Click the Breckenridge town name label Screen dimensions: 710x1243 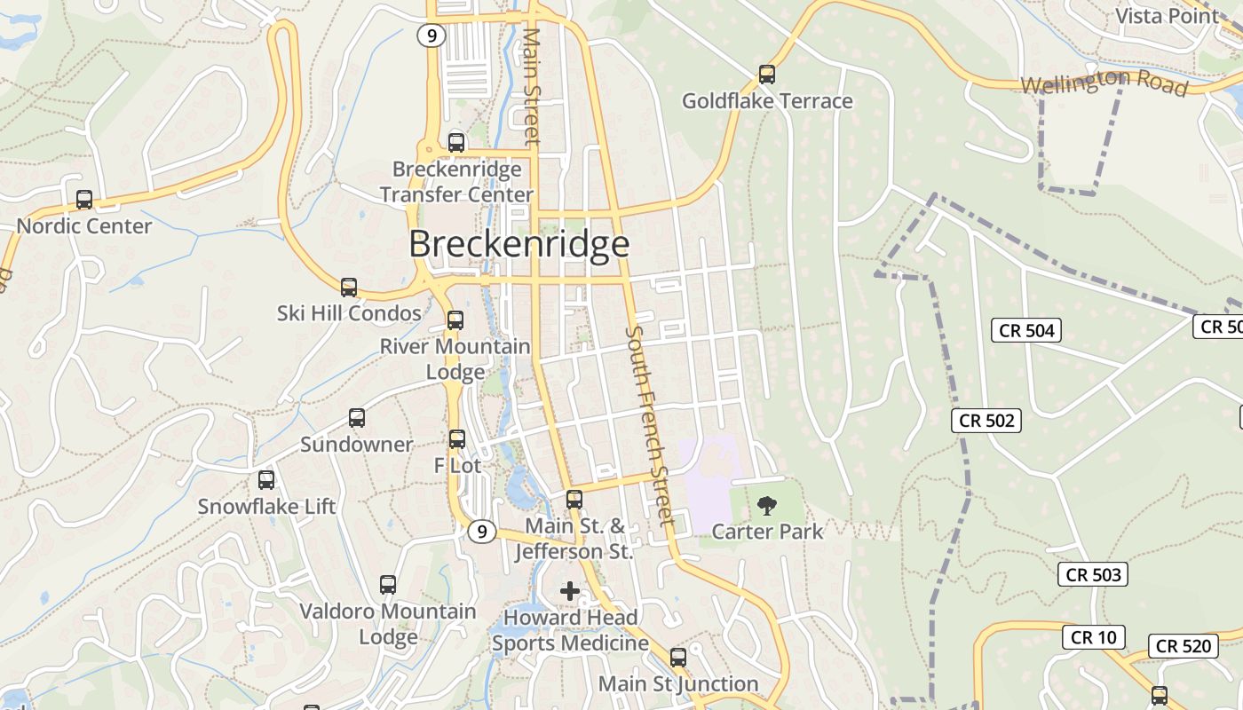click(519, 244)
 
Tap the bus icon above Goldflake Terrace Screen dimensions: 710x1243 click(767, 75)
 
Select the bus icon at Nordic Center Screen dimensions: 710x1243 click(84, 200)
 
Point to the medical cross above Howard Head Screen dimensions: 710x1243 click(570, 591)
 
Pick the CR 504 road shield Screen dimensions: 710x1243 click(1026, 331)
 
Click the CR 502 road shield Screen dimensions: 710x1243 click(986, 421)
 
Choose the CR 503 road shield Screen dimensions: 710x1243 click(1094, 575)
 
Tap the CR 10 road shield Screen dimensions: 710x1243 click(1094, 637)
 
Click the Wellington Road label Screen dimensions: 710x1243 click(1104, 83)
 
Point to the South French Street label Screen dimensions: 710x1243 click(650, 426)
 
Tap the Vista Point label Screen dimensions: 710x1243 click(1168, 16)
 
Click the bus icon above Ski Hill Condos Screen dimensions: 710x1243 click(349, 288)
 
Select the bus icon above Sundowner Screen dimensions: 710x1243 click(357, 418)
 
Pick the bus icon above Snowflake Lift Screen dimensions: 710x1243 click(266, 480)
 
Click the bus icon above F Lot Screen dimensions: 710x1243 click(457, 439)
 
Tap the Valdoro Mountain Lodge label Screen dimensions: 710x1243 click(388, 624)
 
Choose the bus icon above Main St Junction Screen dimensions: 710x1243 click(678, 658)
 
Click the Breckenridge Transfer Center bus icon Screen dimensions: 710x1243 click(456, 142)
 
